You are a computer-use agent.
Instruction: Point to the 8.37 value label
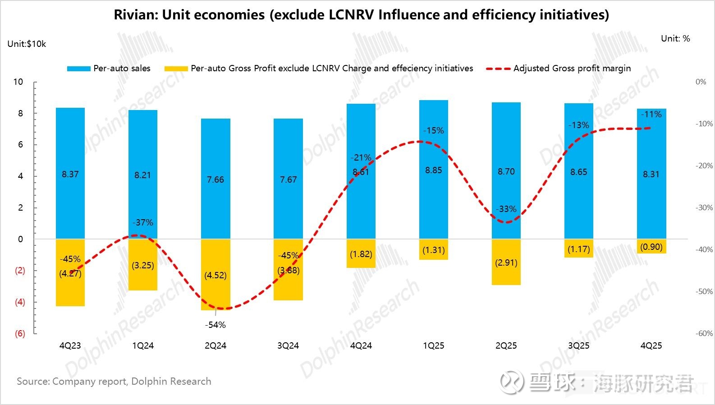70,175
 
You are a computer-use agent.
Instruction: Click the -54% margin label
215,325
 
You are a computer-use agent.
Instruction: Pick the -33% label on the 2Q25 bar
506,209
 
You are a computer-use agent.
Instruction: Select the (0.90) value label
651,247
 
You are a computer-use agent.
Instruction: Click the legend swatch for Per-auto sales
78,69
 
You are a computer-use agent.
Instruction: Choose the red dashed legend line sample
498,69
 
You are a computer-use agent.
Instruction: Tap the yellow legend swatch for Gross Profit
176,69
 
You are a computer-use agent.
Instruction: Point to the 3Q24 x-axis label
288,346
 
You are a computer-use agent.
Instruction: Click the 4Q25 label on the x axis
651,346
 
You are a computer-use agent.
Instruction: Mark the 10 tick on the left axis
18,82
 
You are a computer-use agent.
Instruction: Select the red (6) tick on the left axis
20,334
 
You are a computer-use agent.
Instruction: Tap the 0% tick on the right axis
701,82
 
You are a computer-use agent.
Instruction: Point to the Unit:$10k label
27,44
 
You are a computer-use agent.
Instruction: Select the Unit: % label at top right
675,39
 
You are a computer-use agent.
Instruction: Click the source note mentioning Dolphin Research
114,382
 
